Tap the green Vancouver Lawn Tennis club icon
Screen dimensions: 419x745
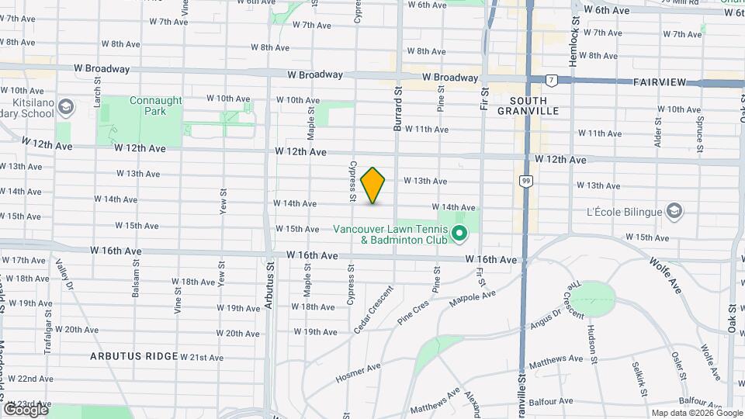pos(459,233)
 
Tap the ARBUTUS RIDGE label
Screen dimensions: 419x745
pos(133,357)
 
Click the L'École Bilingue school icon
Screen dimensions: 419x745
pos(674,211)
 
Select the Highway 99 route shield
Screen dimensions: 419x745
pos(525,181)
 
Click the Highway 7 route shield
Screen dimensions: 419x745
pos(551,80)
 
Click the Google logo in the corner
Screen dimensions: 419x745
pos(25,409)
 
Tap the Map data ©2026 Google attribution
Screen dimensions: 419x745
pos(696,413)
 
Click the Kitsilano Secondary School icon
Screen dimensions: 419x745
pos(66,106)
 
